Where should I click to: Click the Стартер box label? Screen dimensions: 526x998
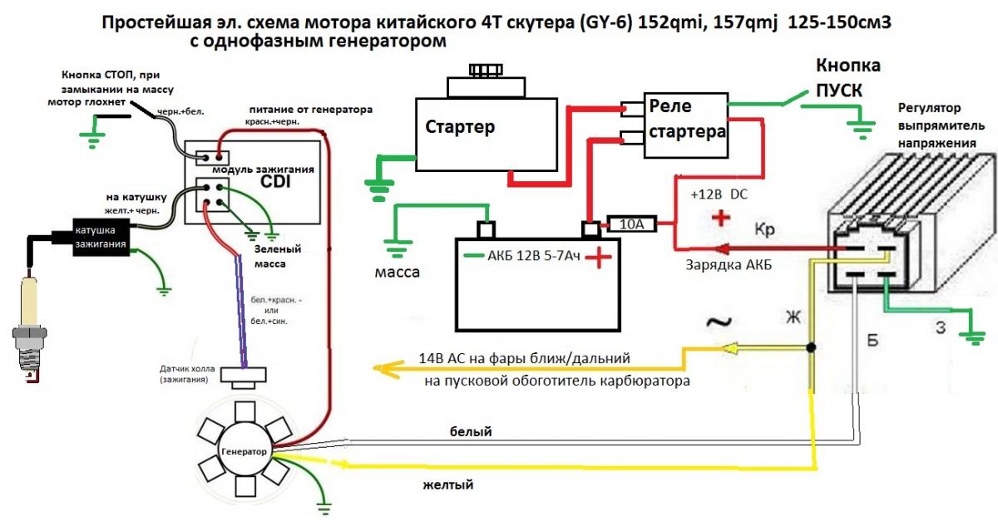tap(460, 127)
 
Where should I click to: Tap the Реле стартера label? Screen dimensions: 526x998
tap(686, 118)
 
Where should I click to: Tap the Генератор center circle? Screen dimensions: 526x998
tap(245, 452)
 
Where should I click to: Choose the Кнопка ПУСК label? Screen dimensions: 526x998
tap(847, 77)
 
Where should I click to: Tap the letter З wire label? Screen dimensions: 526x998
tap(940, 327)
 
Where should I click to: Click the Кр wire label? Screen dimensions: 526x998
tap(766, 228)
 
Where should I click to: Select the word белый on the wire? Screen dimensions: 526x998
tap(471, 431)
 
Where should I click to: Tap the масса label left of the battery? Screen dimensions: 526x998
tap(398, 272)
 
